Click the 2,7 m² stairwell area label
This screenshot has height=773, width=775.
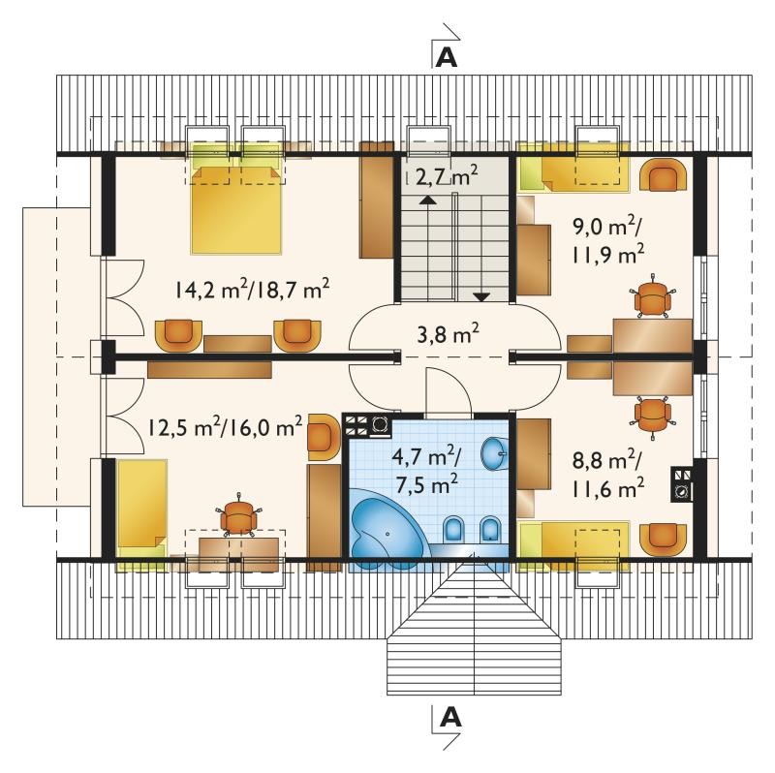447,175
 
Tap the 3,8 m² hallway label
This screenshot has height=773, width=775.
448,334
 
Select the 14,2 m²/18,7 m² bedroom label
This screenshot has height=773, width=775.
252,289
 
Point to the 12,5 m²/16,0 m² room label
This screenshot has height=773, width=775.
226,426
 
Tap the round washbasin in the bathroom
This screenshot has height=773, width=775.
494,451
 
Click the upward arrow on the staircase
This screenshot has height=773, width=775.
428,201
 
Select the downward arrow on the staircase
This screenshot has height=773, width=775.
480,296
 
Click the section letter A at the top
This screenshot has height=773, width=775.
447,58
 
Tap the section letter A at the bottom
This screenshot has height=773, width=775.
450,718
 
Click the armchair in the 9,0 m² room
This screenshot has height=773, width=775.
664,174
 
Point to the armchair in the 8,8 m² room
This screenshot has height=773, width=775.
664,539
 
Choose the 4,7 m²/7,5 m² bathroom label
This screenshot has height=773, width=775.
426,471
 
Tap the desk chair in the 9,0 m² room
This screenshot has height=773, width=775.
653,296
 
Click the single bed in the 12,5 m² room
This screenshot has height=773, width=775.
141,515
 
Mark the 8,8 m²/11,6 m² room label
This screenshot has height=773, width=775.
608,476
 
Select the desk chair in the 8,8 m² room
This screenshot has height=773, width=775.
653,417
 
